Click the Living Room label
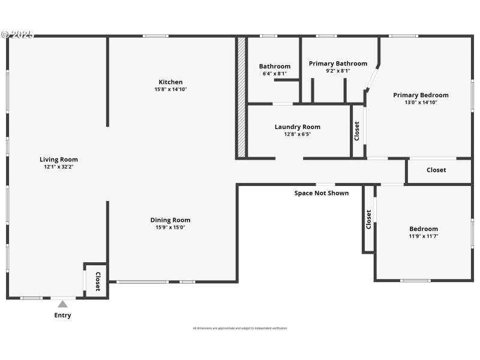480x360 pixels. [59, 160]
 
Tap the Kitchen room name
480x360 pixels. [170, 82]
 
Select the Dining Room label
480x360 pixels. [170, 220]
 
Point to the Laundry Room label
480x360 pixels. [298, 127]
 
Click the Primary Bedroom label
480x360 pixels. [421, 95]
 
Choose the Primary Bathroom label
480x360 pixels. [338, 64]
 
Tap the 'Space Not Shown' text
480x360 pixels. [322, 193]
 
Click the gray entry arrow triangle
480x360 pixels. [62, 304]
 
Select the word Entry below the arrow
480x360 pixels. [62, 316]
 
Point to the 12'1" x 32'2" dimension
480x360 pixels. [59, 167]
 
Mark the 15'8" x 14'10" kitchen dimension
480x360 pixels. [170, 89]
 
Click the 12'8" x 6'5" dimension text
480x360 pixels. [298, 134]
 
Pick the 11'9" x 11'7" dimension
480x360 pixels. [424, 236]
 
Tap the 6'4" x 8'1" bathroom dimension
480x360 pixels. [275, 73]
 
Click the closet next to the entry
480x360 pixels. [97, 280]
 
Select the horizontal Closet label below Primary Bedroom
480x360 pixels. [436, 170]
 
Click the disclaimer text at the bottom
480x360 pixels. [240, 328]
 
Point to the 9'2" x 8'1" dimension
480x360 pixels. [338, 71]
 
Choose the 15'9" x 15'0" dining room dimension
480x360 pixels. [170, 227]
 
